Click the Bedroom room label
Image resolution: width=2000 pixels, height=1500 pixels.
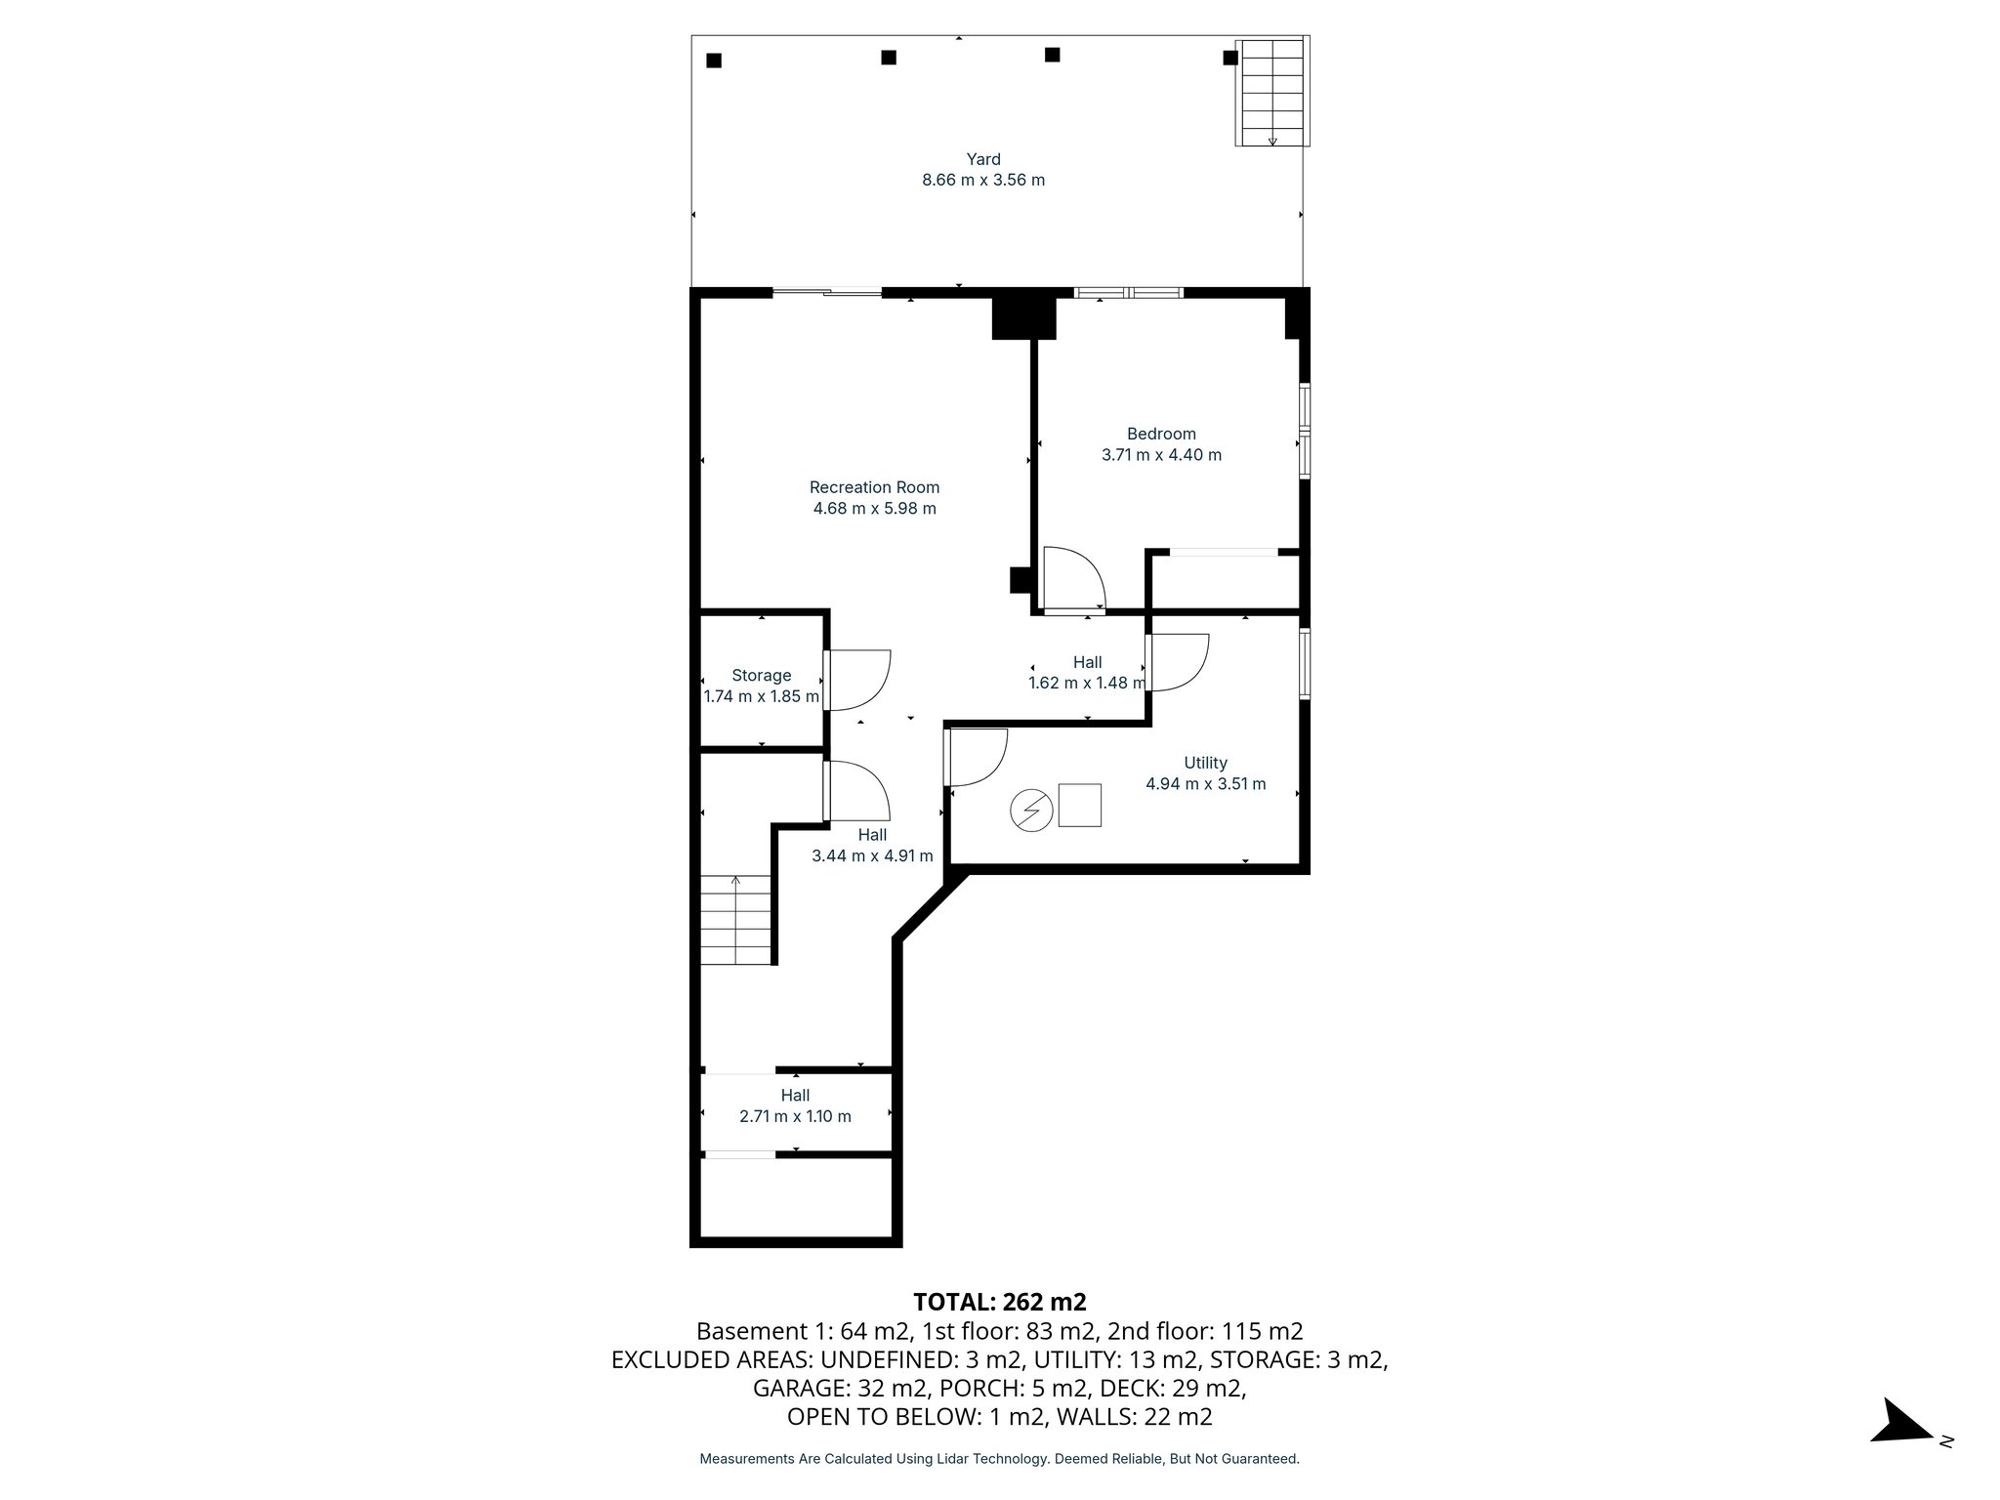coord(1161,434)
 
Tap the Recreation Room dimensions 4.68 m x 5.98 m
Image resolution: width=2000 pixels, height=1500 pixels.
coord(874,509)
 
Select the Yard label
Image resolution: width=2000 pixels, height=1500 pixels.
coord(983,159)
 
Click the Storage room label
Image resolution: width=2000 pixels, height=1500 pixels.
coord(761,675)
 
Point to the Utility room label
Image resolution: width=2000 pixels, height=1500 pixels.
coord(1205,763)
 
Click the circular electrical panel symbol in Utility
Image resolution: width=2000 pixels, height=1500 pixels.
coord(1031,810)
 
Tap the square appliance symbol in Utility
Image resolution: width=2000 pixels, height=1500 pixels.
coord(1079,806)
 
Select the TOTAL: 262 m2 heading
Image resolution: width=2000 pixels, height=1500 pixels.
coord(999,1302)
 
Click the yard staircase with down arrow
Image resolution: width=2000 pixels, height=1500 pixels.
coord(1271,93)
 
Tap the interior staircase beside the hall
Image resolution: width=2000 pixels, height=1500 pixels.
coord(736,920)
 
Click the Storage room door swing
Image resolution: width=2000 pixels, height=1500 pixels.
coord(858,680)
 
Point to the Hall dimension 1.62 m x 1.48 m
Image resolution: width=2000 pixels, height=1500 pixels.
coord(1086,684)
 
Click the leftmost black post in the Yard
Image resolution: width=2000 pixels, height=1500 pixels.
coord(714,61)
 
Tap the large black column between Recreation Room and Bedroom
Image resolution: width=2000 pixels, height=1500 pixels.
coord(1023,317)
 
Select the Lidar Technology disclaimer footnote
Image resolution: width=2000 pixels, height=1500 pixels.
coord(999,1459)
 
